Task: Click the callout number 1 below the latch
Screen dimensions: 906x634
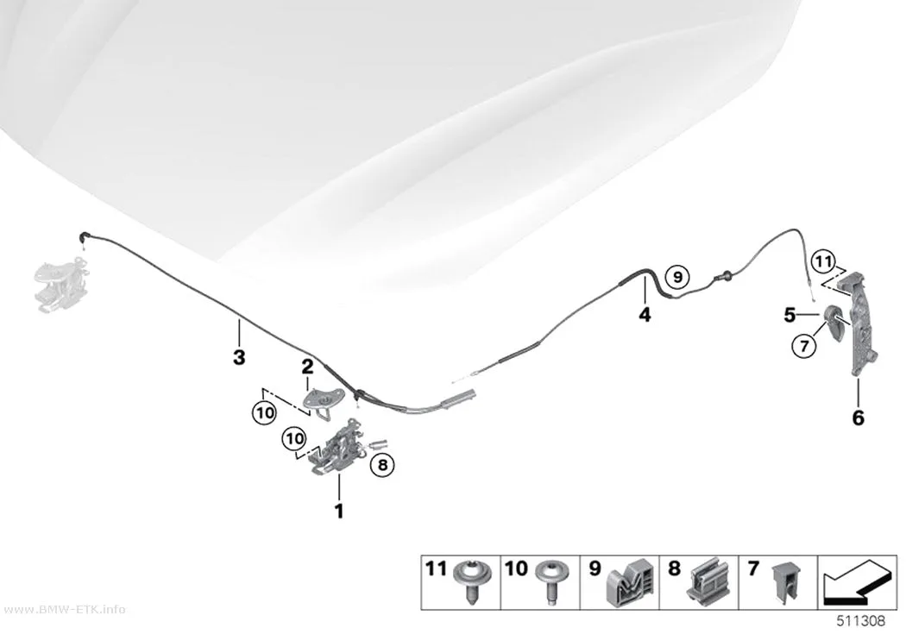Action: [339, 511]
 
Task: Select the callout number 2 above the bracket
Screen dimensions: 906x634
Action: [307, 366]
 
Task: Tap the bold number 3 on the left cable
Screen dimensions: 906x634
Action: [239, 357]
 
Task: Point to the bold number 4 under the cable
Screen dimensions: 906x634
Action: [645, 315]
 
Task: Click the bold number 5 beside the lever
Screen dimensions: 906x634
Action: [790, 315]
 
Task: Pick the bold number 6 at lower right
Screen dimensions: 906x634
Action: [858, 417]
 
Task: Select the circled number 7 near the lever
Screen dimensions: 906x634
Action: [804, 346]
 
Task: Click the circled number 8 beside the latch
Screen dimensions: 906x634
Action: [382, 464]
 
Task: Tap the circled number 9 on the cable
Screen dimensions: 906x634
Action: [677, 277]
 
